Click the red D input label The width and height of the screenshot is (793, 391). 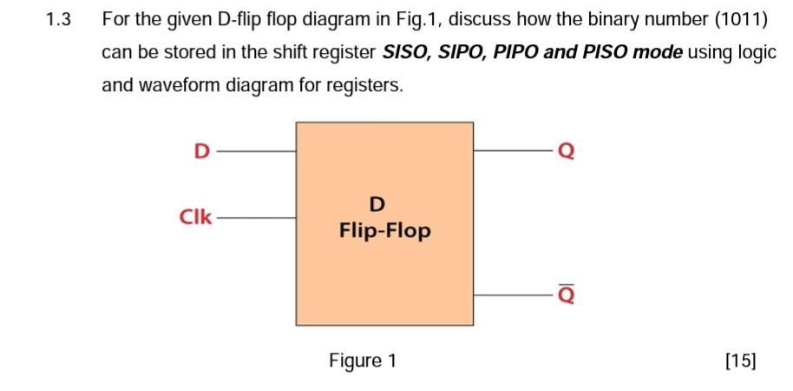[x=200, y=151]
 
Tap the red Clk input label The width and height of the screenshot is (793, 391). [x=195, y=216]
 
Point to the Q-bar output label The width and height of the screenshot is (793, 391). [x=566, y=295]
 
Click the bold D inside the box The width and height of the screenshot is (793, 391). [x=377, y=205]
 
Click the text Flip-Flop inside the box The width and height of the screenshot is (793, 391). [x=384, y=231]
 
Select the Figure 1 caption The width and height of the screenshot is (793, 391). [x=363, y=361]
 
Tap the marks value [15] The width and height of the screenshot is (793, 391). [x=739, y=361]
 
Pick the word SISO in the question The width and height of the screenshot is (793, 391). [x=404, y=52]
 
